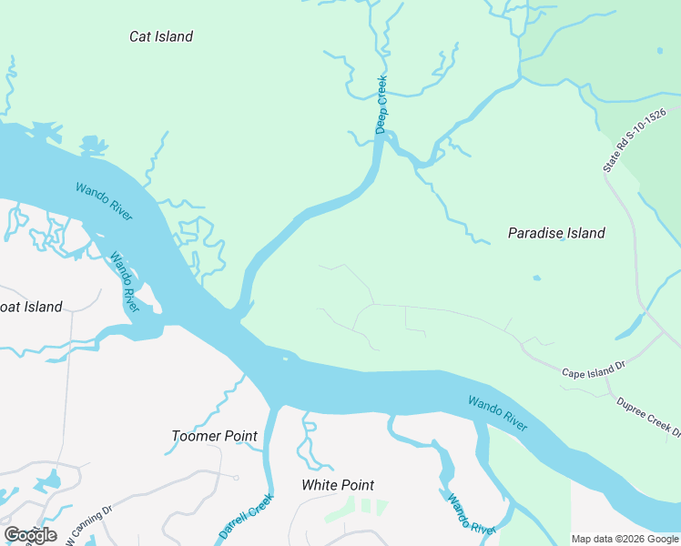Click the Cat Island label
point(161,36)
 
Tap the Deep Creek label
point(382,105)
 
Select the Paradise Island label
point(555,233)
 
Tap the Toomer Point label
point(215,436)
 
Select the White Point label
point(338,485)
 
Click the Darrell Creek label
point(246,515)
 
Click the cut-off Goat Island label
point(31,307)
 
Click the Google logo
point(30,534)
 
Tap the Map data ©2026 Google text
point(625,539)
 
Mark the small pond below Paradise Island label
point(535,278)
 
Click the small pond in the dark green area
point(659,51)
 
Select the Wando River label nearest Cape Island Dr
point(498,413)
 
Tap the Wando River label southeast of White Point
point(470,514)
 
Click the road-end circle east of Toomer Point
point(236,478)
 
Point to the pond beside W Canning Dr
point(51,480)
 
